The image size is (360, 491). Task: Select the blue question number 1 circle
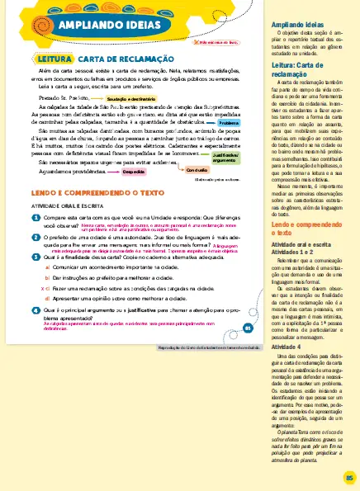tap(36, 217)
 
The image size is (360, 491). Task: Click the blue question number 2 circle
tap(36, 236)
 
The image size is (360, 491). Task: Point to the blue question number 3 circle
tap(36, 257)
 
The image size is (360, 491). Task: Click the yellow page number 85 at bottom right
tap(348, 477)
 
